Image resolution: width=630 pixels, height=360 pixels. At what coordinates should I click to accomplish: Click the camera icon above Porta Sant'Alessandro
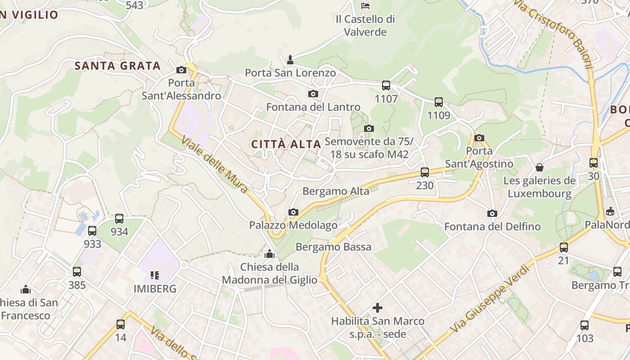[181, 70]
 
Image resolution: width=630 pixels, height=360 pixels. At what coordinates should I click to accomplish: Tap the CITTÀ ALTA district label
[286, 144]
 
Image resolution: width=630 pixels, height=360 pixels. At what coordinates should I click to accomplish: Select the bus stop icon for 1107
[386, 85]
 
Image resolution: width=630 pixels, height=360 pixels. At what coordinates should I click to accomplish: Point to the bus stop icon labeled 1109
[439, 102]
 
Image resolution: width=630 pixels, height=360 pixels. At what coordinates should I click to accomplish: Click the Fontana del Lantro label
[313, 107]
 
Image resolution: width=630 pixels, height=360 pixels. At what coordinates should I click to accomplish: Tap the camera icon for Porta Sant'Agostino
[479, 138]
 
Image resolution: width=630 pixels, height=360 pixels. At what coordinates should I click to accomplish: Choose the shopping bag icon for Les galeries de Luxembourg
[540, 168]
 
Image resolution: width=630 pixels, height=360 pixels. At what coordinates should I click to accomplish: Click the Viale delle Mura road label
[215, 165]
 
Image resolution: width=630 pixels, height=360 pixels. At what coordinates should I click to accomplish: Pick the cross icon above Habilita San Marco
[378, 308]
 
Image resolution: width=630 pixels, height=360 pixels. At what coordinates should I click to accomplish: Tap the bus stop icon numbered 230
[425, 172]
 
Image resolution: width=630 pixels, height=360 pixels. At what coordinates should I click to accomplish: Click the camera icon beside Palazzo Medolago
[293, 212]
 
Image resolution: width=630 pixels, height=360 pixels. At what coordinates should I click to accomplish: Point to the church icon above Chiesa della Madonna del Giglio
[270, 254]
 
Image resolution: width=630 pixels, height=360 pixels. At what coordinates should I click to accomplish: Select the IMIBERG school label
[155, 288]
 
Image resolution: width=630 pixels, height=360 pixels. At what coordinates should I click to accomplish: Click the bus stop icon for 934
[119, 219]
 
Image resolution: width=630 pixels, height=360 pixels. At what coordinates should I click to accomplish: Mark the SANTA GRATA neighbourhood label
[117, 66]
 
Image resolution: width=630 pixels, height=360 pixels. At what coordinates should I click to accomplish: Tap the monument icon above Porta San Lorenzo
[290, 59]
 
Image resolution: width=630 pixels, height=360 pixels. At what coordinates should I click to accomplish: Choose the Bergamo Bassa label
[333, 247]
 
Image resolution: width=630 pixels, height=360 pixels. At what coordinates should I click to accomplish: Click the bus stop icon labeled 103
[585, 325]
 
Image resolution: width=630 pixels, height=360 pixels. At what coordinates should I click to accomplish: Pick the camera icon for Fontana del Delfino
[492, 213]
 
